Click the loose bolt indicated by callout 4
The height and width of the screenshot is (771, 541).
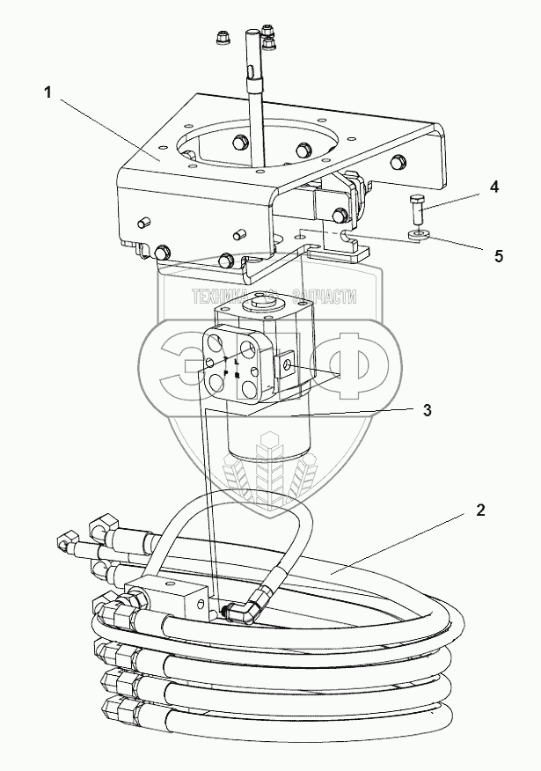tap(416, 211)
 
